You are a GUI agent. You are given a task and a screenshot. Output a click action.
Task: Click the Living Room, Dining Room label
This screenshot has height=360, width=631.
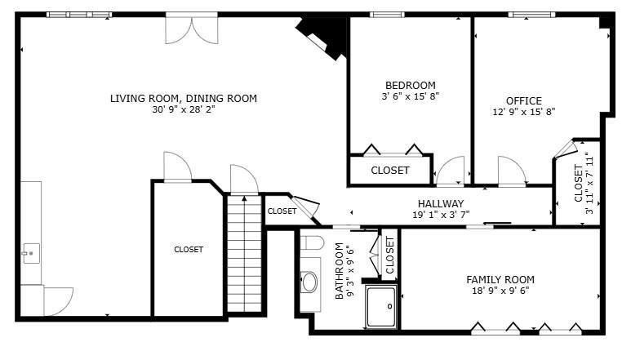(183, 98)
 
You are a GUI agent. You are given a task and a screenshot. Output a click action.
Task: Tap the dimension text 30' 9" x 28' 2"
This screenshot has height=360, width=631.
(183, 109)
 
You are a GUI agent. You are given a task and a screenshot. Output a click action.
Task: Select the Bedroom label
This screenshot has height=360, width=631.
(410, 85)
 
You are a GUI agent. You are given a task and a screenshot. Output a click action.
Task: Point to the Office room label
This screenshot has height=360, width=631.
(523, 101)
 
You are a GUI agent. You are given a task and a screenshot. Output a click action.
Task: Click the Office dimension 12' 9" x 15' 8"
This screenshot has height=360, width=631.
(523, 113)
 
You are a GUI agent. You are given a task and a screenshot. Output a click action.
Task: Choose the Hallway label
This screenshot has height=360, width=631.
(441, 203)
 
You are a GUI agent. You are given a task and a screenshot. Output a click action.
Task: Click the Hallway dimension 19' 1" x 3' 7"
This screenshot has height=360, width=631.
(441, 215)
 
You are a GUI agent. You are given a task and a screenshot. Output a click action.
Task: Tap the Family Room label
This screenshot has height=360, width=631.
(500, 278)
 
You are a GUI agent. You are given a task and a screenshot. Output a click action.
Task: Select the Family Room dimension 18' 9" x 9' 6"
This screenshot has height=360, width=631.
(500, 290)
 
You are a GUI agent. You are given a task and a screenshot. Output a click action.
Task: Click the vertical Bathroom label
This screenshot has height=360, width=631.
(340, 273)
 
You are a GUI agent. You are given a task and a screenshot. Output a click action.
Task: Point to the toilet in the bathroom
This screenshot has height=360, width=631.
(311, 242)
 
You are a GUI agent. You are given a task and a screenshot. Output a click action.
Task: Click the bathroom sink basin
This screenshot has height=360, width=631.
(309, 282)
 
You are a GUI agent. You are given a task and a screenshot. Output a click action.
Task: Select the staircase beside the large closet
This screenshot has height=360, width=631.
(243, 253)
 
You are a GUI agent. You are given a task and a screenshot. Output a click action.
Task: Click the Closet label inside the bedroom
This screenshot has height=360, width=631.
(389, 171)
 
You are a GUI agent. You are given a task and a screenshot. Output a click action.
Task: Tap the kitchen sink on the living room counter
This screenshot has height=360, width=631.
(30, 252)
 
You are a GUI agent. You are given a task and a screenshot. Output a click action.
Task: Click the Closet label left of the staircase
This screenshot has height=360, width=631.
(188, 250)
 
